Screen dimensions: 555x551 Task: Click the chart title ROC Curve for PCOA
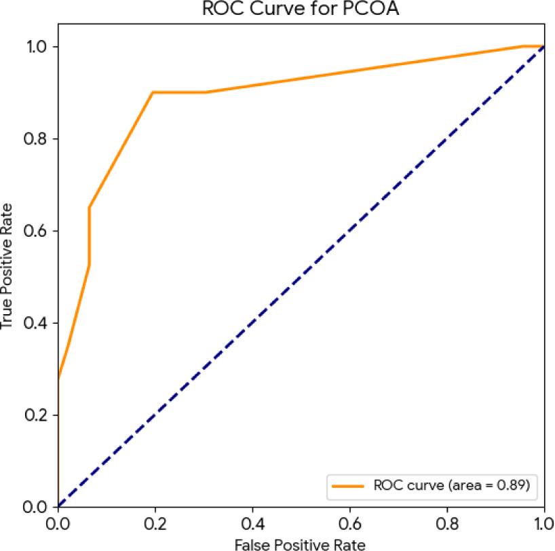301,8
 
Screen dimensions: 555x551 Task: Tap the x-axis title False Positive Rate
300,545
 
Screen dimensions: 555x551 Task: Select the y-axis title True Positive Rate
6,266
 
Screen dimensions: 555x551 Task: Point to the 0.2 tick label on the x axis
155,524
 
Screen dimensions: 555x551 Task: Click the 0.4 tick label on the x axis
252,524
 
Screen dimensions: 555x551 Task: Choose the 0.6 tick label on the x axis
350,524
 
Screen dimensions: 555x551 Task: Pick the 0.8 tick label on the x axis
447,524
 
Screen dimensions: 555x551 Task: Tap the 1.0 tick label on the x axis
544,524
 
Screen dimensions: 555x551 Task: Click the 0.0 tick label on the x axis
58,524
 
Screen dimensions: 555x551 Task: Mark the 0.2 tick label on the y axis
36,415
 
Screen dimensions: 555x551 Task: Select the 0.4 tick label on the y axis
36,322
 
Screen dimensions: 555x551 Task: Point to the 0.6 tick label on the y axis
36,231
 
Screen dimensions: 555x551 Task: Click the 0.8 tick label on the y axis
36,138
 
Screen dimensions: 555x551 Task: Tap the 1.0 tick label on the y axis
37,46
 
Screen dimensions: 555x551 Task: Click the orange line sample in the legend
348,487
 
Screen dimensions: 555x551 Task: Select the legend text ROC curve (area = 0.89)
452,485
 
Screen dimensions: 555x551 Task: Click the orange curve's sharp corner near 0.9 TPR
153,92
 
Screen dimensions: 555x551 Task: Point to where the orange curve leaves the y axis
58,379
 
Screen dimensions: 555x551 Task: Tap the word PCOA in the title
371,8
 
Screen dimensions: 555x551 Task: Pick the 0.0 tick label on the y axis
35,507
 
